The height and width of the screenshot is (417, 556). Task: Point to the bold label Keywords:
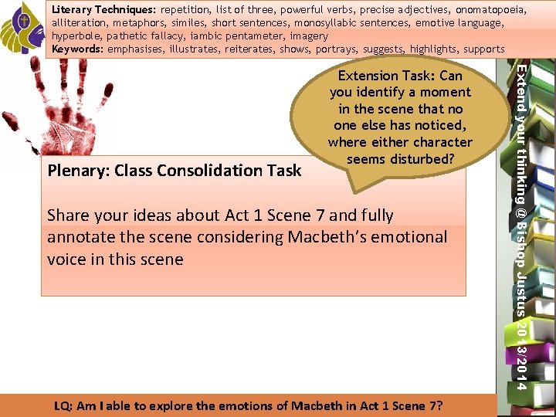pyautogui.click(x=78, y=49)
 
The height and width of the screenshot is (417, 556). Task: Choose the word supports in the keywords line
pyautogui.click(x=484, y=49)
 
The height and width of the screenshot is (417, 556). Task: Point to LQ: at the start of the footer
pyautogui.click(x=66, y=406)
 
